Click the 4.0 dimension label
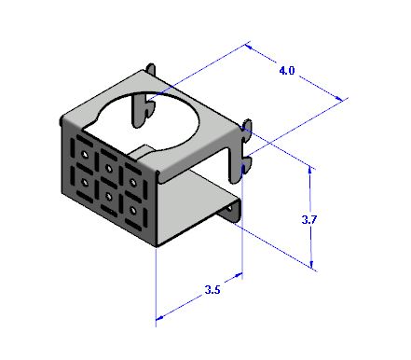(286, 71)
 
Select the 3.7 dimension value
(308, 220)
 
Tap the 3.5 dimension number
(212, 290)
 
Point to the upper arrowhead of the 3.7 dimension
(309, 170)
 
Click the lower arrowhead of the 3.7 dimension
(312, 264)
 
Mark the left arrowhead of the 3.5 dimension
(159, 318)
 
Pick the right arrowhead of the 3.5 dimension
(239, 275)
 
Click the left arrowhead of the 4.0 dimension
(249, 47)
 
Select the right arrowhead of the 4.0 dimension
(339, 98)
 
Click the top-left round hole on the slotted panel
(85, 154)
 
